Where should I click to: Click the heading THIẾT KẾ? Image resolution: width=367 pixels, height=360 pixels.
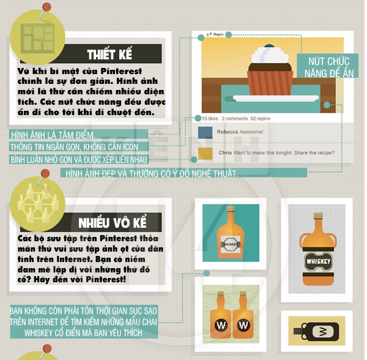(109, 54)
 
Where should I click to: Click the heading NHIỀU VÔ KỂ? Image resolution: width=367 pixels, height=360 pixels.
(113, 223)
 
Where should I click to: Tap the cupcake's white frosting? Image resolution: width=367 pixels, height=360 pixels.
(270, 55)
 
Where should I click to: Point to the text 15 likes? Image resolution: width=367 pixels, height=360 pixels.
(210, 119)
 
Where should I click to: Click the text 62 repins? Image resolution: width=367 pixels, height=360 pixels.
(261, 119)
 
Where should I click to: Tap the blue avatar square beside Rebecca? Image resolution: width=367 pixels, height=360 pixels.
(205, 133)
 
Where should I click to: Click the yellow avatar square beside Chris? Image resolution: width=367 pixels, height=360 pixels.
(206, 154)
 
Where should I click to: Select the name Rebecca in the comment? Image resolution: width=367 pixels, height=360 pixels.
(228, 132)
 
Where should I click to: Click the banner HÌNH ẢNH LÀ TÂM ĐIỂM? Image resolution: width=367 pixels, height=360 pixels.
(79, 135)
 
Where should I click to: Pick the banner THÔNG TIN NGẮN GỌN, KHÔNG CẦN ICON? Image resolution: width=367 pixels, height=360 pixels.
(79, 147)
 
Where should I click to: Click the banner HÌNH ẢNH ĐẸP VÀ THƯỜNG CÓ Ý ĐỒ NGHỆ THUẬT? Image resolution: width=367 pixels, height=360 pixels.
(183, 173)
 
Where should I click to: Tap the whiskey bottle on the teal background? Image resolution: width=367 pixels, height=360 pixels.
(231, 233)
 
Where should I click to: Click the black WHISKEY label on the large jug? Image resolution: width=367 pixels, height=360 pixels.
(318, 261)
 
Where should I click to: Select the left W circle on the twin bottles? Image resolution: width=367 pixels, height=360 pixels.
(221, 325)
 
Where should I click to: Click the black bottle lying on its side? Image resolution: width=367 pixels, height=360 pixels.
(316, 331)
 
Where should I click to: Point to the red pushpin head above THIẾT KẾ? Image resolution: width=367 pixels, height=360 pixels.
(47, 7)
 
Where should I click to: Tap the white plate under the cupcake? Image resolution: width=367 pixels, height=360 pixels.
(276, 98)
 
